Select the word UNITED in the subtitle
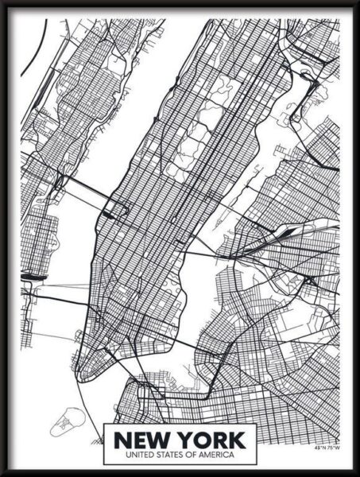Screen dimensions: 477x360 (x=132, y=454)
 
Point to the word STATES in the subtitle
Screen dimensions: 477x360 (x=164, y=454)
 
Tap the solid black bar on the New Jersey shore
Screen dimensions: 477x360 (x=33, y=276)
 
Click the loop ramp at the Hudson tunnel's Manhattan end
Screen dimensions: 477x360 (x=118, y=211)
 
